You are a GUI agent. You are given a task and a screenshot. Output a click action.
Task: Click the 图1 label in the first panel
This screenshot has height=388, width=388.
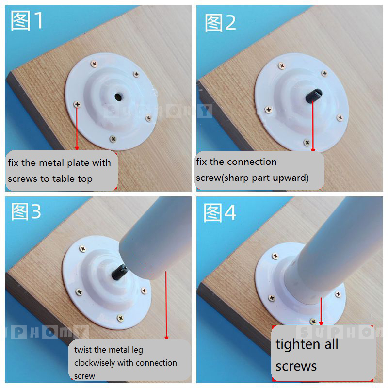pyautogui.click(x=27, y=20)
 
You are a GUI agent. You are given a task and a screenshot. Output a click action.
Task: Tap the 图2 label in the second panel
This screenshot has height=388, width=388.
pyautogui.click(x=220, y=23)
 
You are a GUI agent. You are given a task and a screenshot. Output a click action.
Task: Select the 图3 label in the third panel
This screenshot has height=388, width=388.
pyautogui.click(x=26, y=212)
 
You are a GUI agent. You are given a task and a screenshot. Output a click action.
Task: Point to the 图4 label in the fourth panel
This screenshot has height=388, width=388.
pyautogui.click(x=220, y=213)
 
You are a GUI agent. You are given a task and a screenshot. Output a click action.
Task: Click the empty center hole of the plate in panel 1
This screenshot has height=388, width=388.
pyautogui.click(x=118, y=97)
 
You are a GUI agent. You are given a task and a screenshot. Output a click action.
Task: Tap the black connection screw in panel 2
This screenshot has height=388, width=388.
pyautogui.click(x=314, y=96)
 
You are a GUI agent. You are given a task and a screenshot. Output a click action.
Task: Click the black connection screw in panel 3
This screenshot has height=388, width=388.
pyautogui.click(x=119, y=272)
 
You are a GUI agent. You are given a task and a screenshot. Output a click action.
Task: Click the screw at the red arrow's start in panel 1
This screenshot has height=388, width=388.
pyautogui.click(x=77, y=104)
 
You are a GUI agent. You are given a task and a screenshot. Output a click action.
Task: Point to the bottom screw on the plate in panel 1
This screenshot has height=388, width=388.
pyautogui.click(x=113, y=139)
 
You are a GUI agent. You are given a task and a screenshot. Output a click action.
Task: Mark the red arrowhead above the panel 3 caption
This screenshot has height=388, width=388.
pyautogui.click(x=166, y=338)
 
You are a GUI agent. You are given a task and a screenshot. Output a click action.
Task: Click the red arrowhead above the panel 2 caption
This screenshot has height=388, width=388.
pyautogui.click(x=313, y=150)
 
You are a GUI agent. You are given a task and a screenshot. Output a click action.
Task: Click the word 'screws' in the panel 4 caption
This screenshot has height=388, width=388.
pyautogui.click(x=296, y=366)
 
